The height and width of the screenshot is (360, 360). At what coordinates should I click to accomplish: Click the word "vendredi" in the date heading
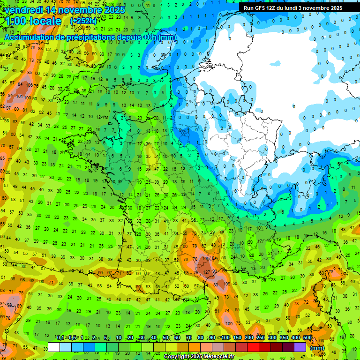[x=24, y=10]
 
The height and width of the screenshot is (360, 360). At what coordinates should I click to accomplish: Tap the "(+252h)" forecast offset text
[x=83, y=21]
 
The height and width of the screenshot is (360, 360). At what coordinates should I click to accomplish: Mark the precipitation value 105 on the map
[x=206, y=258]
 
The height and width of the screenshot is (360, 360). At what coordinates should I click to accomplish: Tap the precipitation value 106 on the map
[x=30, y=85]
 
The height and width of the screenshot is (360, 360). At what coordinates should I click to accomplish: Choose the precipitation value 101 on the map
[x=19, y=97]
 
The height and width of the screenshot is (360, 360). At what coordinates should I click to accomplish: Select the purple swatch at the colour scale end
[x=300, y=347]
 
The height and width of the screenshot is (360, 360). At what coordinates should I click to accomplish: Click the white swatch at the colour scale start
[x=54, y=347]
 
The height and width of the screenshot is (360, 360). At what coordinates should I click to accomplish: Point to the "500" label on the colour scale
[x=307, y=337]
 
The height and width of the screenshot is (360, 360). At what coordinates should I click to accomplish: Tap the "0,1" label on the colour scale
[x=60, y=337]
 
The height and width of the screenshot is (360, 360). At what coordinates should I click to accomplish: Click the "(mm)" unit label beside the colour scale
[x=318, y=348]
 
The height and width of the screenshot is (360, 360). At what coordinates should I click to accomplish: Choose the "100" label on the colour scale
[x=225, y=337]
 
